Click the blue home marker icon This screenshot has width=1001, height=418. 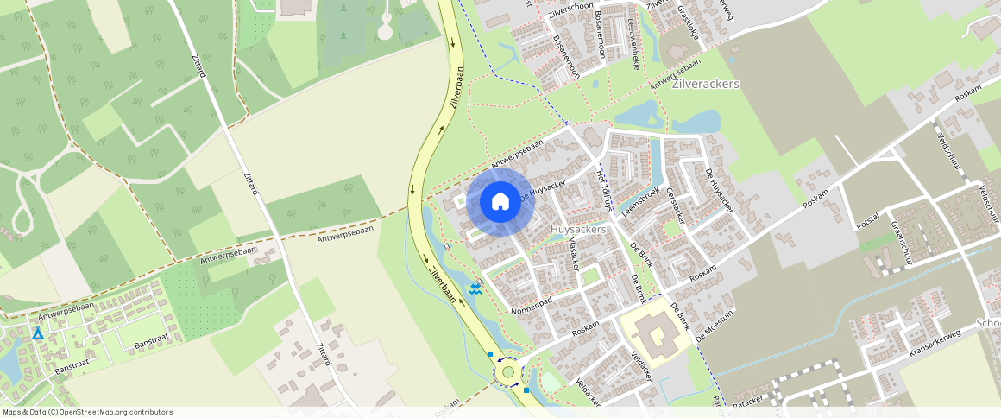pos(500,202)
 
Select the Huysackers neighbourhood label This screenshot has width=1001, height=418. pos(578,230)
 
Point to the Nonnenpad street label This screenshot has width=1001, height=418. pos(532,306)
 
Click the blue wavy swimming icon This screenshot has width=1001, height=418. pos(475,289)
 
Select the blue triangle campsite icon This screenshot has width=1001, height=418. pos(37,332)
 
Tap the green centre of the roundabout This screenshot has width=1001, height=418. pos(508,372)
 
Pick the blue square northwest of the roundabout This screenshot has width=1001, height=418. pos(490,354)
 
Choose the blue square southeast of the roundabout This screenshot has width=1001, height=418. pos(526,390)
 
